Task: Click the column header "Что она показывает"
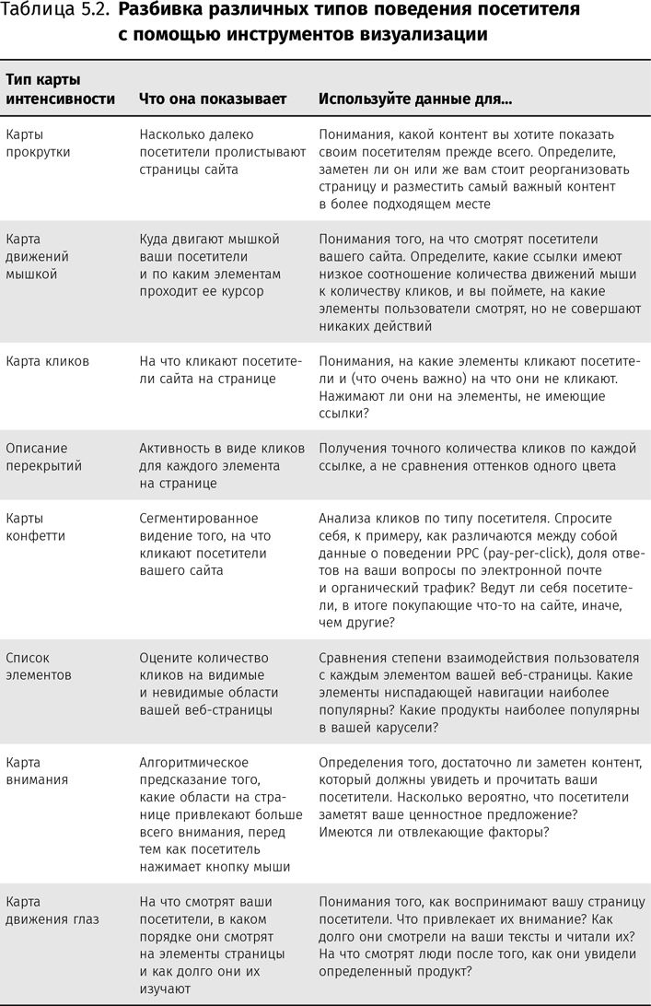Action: pyautogui.click(x=213, y=99)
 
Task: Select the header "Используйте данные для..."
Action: pyautogui.click(x=415, y=99)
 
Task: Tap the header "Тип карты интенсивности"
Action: pyautogui.click(x=61, y=89)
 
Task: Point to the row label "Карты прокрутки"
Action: pyautogui.click(x=38, y=143)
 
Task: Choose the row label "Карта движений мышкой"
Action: pyautogui.click(x=38, y=256)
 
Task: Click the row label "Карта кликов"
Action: pyautogui.click(x=48, y=361)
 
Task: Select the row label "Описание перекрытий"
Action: pyautogui.click(x=44, y=457)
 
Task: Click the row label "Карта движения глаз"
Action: pyautogui.click(x=52, y=910)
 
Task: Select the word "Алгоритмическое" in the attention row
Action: pyautogui.click(x=194, y=763)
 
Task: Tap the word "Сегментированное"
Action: pyautogui.click(x=199, y=519)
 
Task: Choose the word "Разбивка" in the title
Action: pyautogui.click(x=162, y=11)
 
